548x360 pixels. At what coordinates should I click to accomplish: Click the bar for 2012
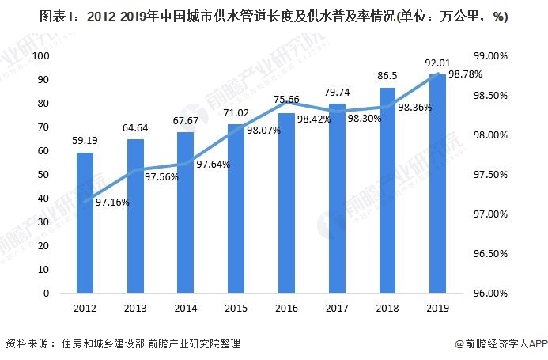tap(85, 222)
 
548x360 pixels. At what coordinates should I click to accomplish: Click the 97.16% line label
tap(112, 203)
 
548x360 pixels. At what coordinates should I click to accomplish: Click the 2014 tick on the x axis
tap(186, 308)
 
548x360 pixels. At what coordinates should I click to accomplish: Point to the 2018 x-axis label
tap(387, 308)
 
